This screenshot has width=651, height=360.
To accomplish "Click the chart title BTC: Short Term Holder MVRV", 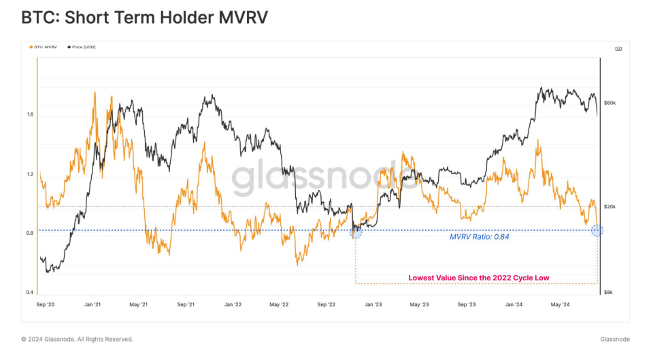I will click(x=145, y=18).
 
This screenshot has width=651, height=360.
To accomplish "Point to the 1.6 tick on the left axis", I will click(x=31, y=114).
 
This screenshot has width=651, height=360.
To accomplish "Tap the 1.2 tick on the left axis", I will click(x=31, y=174).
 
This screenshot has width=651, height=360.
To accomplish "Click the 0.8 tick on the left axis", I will click(x=31, y=233).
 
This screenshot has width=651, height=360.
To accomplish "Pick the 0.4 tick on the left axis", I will click(x=31, y=293).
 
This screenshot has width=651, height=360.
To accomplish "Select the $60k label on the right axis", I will click(x=610, y=103).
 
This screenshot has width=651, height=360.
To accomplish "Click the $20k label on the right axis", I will click(x=610, y=206).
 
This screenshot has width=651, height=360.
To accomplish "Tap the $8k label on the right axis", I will click(x=609, y=293).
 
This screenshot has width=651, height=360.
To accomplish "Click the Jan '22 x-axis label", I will click(x=233, y=305).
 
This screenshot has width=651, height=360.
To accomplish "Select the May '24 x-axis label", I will click(x=561, y=305).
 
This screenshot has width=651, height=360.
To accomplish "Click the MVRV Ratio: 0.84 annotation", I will click(x=480, y=238).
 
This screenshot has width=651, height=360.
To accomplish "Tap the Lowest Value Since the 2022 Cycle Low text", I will click(x=478, y=278).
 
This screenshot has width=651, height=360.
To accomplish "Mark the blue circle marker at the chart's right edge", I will click(x=597, y=231).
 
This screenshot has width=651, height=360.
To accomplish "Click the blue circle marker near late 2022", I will click(x=356, y=232).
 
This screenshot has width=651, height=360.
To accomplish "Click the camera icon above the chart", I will click(x=618, y=49).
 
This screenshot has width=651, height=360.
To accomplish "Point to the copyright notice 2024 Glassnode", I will click(x=77, y=339).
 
